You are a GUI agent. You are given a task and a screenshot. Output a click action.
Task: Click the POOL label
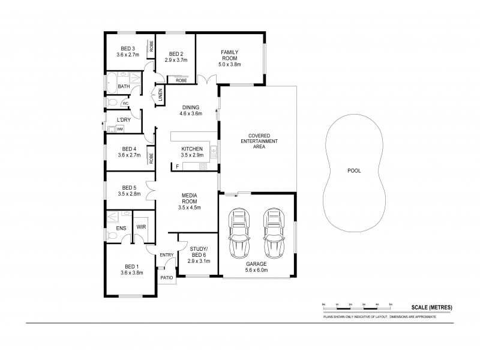pyautogui.click(x=354, y=170)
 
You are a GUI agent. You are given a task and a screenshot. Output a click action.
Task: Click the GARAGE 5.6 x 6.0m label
pyautogui.click(x=256, y=266)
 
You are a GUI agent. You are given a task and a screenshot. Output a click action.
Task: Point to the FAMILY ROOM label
pyautogui.click(x=230, y=56)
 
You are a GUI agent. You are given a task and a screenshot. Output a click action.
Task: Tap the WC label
pyautogui.click(x=125, y=103)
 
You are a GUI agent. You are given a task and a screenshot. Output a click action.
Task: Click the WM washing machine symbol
pyautogui.click(x=120, y=128)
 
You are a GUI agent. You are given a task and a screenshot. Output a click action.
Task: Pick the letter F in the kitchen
pyautogui.click(x=177, y=164)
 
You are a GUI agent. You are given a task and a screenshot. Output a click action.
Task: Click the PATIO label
pyautogui.click(x=166, y=278)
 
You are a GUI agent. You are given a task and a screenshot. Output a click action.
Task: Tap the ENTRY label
pyautogui.click(x=167, y=255)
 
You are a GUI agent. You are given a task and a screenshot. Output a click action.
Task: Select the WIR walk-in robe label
pyautogui.click(x=142, y=227)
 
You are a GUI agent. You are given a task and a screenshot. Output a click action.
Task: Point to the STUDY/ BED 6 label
pyautogui.click(x=197, y=255)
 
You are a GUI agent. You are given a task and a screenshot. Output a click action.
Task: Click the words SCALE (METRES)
pyautogui.click(x=431, y=307)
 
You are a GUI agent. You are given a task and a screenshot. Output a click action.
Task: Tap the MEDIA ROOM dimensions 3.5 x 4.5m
pyautogui.click(x=189, y=208)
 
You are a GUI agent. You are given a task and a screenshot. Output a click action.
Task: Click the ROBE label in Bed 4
pyautogui.click(x=151, y=158)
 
